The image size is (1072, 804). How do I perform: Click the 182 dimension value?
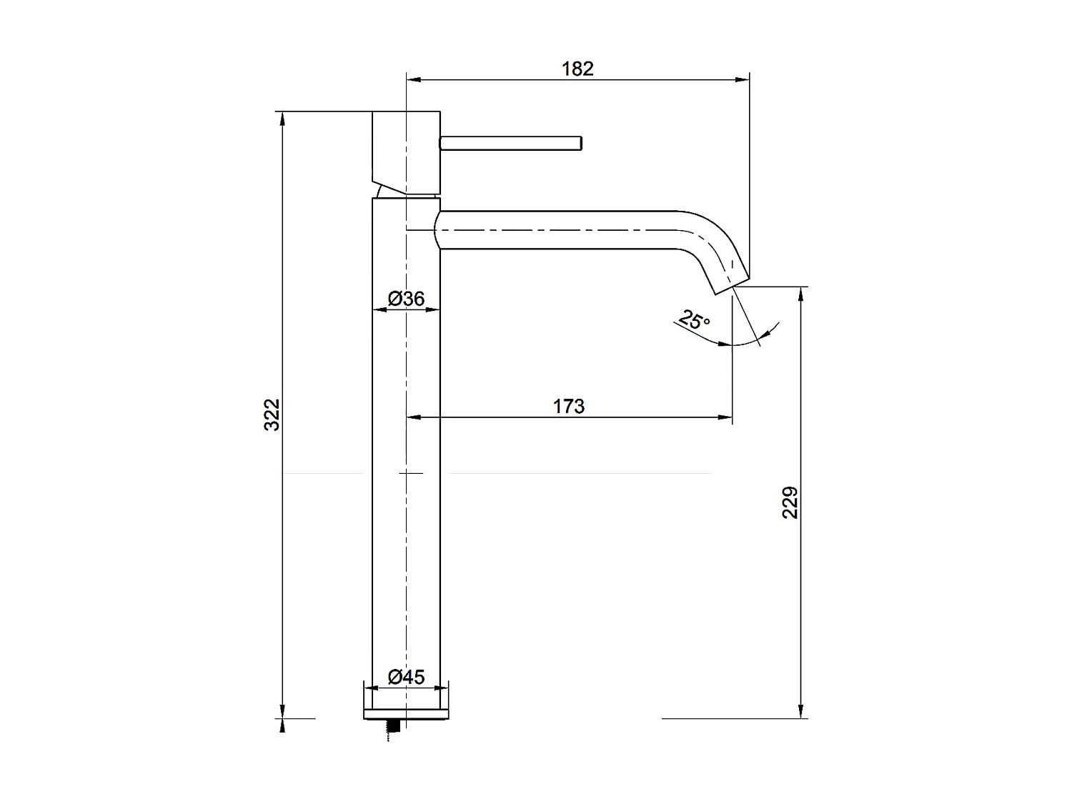577,69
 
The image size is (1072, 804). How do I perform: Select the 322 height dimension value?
272,415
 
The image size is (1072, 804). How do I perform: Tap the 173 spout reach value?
569,407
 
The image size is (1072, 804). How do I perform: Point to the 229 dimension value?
790,502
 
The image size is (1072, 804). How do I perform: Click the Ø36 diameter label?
407,299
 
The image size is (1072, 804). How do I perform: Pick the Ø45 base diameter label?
407,676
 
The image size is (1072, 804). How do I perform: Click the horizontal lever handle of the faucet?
512,143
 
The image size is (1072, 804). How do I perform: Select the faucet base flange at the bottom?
407,713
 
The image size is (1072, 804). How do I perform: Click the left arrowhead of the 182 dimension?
412,79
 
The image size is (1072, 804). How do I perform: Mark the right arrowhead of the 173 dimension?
727,417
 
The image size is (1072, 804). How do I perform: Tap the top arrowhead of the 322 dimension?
283,118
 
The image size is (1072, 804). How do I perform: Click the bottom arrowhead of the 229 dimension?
800,712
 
